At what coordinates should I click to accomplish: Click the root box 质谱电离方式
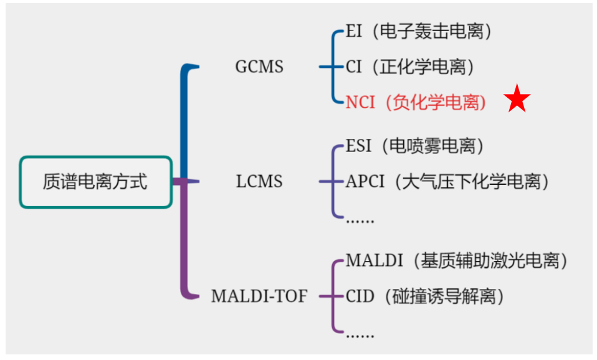[95, 182]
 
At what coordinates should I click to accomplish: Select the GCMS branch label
[259, 67]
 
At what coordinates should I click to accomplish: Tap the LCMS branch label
[259, 182]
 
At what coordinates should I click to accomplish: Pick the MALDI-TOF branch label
[259, 296]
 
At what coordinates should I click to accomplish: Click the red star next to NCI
[518, 100]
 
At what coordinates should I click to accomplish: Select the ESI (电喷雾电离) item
[415, 146]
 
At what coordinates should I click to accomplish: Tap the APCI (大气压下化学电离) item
[448, 182]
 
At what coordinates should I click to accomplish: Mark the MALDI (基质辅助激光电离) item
[457, 260]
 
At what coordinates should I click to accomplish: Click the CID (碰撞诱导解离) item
[424, 296]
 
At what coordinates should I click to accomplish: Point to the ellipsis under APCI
[360, 219]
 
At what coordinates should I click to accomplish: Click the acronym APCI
[366, 182]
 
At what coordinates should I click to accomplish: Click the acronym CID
[360, 296]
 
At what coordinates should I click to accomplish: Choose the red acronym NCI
[361, 102]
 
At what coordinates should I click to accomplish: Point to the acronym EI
[353, 32]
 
